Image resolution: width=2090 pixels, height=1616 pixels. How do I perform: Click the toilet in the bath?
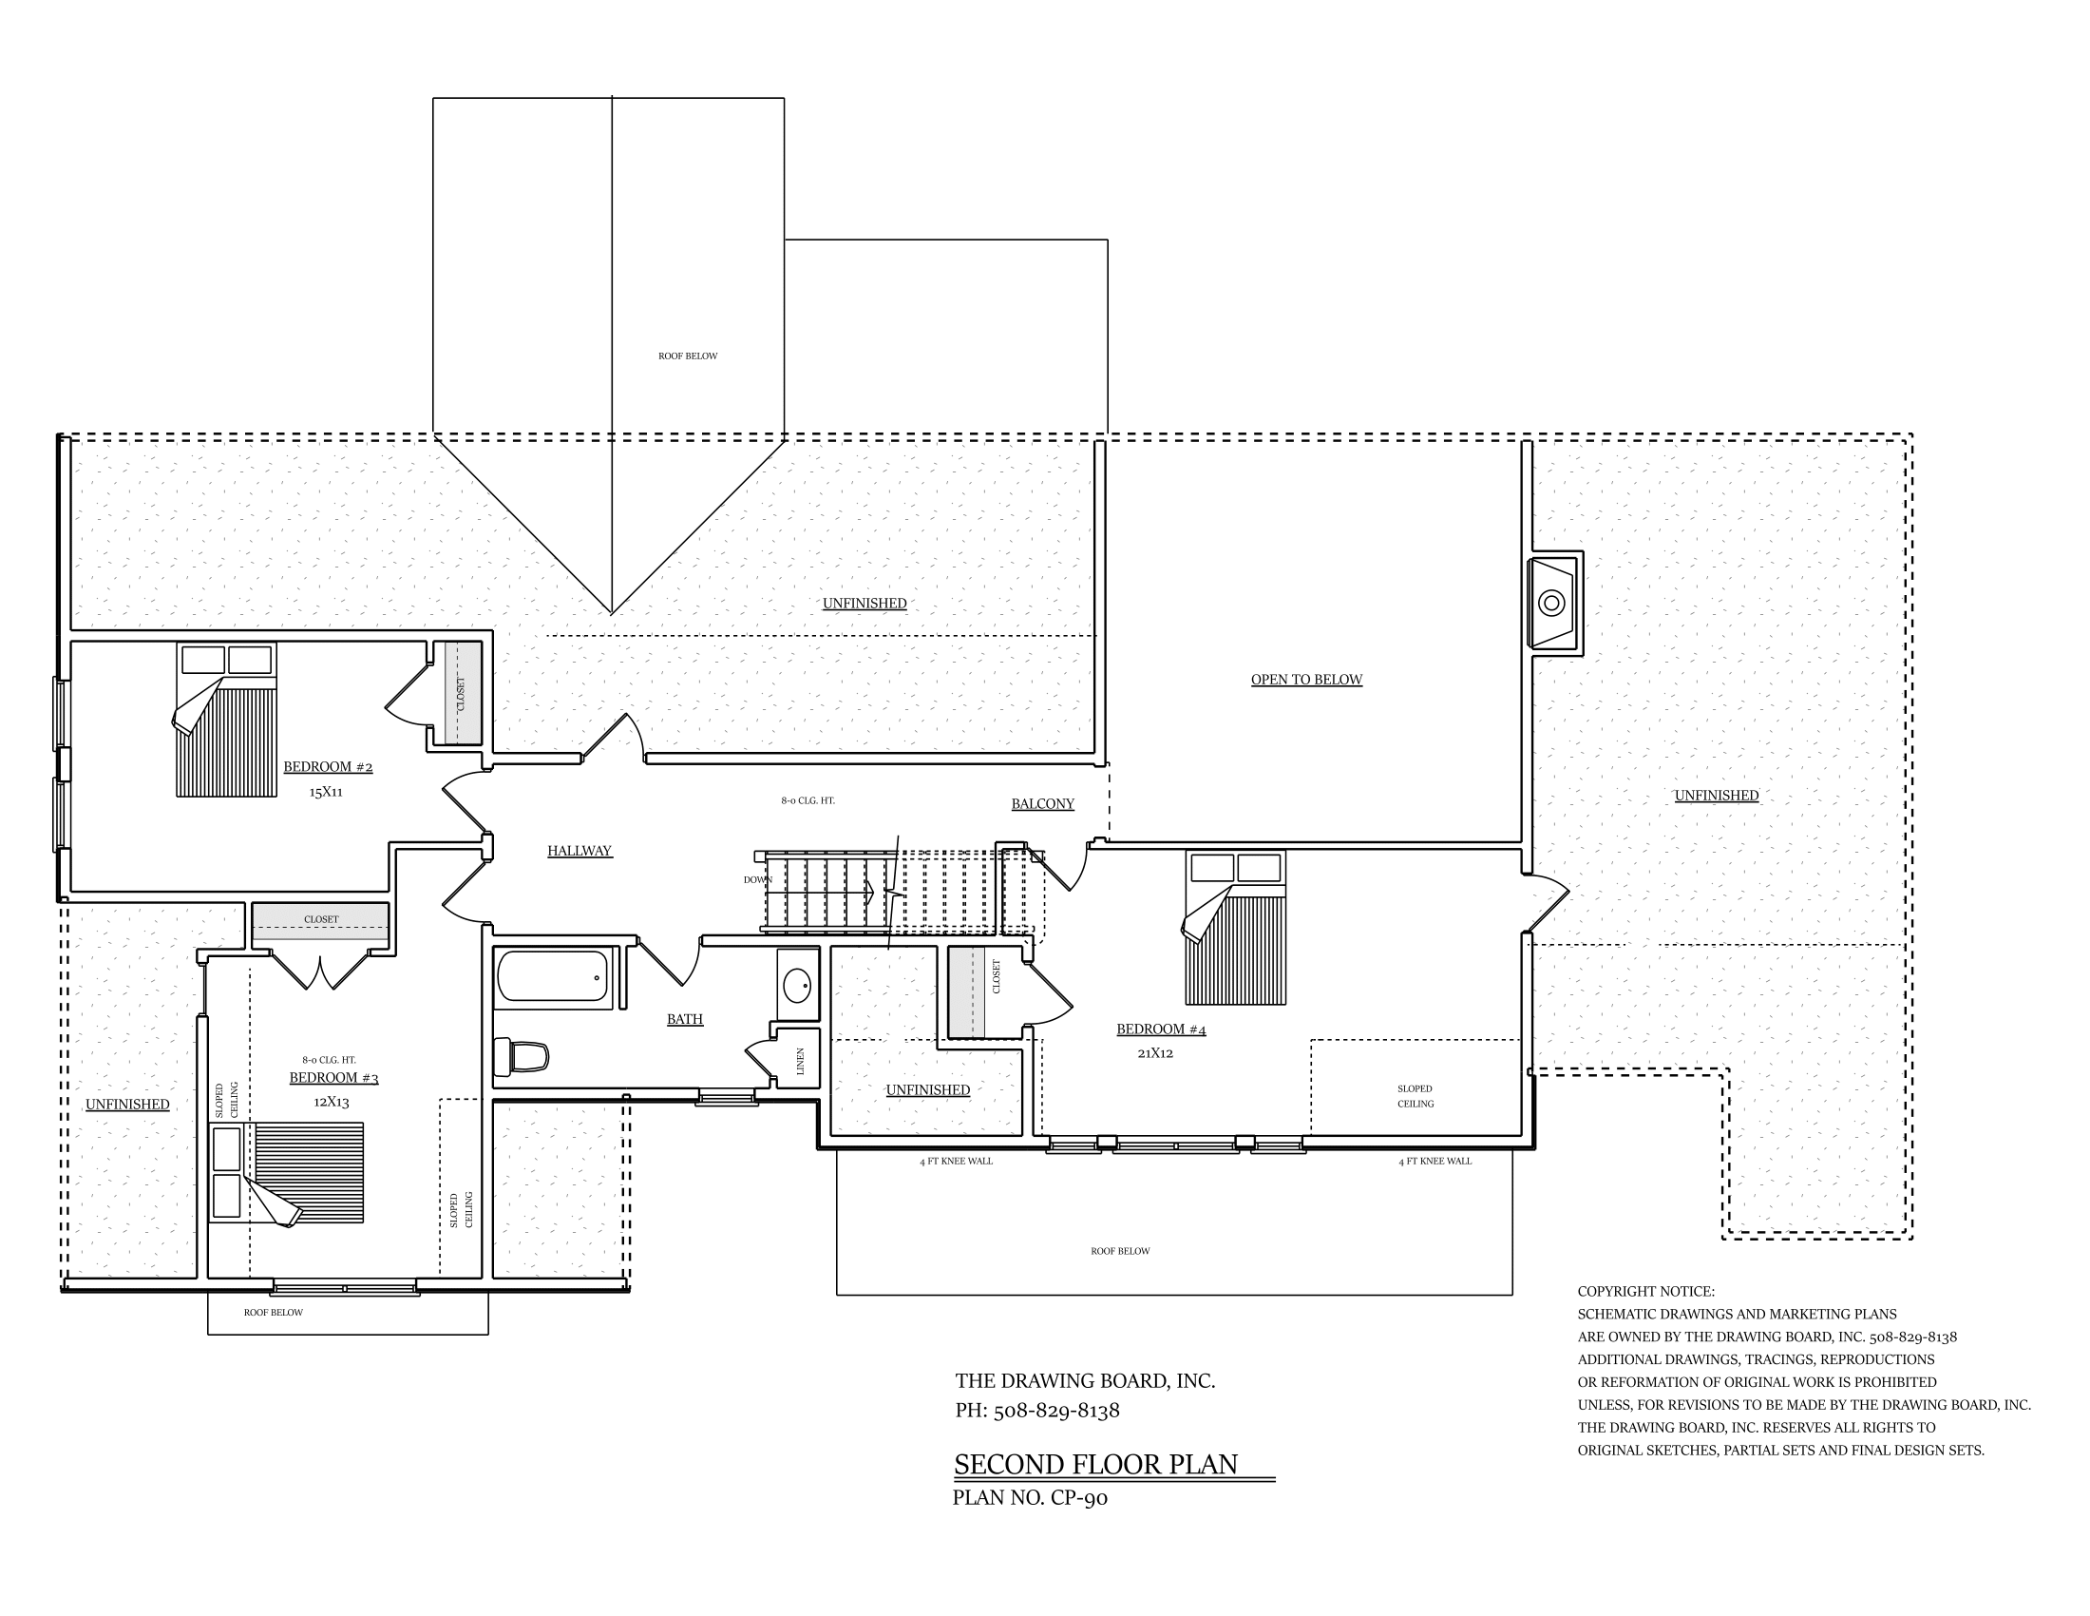521,1057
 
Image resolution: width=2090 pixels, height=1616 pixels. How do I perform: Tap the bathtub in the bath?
553,976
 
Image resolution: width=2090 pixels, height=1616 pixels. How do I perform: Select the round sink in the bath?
797,983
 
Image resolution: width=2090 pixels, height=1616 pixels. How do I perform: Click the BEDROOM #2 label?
328,767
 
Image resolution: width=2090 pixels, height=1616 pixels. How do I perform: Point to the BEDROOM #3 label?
334,1078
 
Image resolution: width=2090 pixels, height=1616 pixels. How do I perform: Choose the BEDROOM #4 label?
1161,1029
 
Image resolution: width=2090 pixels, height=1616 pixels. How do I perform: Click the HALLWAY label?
579,851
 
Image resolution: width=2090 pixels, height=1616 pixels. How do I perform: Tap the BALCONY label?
1042,804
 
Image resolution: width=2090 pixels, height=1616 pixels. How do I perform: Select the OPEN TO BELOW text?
1306,680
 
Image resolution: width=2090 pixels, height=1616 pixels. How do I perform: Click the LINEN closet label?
801,1061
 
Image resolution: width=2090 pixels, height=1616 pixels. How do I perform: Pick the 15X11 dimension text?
325,792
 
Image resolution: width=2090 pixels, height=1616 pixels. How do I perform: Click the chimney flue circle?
1551,603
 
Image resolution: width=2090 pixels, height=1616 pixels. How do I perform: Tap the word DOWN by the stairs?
758,879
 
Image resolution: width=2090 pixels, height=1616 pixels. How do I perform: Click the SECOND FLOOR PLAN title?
1095,1465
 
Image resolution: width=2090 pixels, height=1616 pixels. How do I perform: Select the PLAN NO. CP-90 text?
1030,1498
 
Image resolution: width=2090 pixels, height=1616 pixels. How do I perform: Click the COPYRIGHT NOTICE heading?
1646,1292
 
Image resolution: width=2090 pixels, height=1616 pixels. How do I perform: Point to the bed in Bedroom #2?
226,719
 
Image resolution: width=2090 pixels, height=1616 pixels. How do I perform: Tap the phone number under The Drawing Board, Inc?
1037,1410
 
